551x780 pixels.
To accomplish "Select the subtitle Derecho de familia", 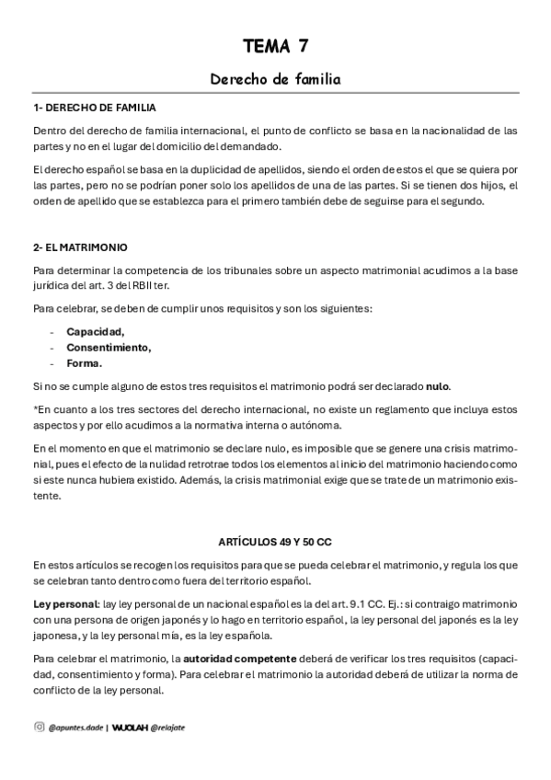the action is tap(275, 80).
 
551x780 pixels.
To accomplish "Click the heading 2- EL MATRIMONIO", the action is tap(79, 247).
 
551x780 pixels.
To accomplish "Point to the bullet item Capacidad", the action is tap(95, 331).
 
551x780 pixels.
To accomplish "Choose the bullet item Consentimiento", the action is tap(109, 347).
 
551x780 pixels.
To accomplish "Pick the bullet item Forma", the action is tap(84, 362).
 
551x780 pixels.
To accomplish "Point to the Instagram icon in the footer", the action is tap(39, 727).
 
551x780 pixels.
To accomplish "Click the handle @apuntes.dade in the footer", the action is tap(75, 727).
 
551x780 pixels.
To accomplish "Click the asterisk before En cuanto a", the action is tap(34, 408).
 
